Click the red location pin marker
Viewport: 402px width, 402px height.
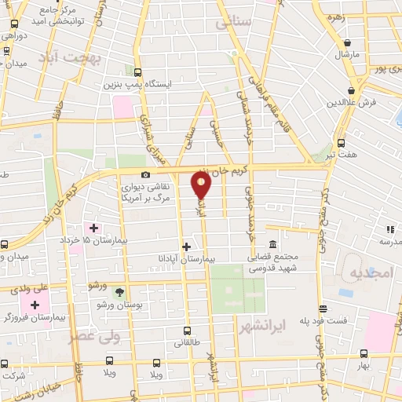pos(202,185)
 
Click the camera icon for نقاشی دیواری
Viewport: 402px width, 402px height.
pos(144,174)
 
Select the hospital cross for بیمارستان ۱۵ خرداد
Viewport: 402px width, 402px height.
pos(94,228)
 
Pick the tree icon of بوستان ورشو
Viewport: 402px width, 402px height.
pos(119,291)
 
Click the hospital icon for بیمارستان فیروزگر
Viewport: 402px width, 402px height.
pos(35,304)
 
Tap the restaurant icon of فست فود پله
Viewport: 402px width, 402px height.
pos(322,309)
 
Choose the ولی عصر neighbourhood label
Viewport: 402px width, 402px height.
pos(114,337)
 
